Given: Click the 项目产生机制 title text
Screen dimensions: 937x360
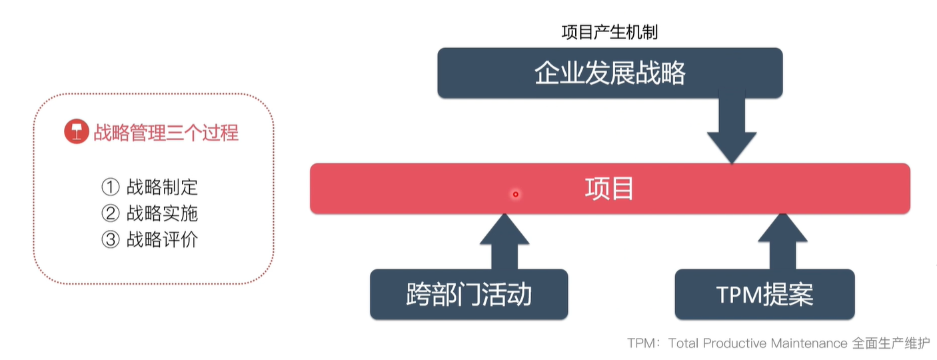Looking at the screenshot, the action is tap(610, 32).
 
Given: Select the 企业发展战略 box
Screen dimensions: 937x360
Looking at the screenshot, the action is tap(610, 73).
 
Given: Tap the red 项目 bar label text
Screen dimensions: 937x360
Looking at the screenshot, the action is tap(609, 189).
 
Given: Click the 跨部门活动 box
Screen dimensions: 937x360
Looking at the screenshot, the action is tap(468, 294).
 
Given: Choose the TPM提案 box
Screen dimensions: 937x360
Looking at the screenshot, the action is tap(764, 294).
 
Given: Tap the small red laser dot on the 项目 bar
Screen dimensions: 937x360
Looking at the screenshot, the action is tap(515, 195).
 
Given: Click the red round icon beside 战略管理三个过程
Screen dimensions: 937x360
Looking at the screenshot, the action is tap(77, 132).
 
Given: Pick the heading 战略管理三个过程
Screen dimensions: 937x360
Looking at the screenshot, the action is tap(165, 133).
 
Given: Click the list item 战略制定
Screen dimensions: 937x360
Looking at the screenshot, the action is tap(162, 187).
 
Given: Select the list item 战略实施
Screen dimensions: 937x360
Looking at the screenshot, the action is tap(162, 213).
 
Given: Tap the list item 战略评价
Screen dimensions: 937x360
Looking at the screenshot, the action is tap(162, 239).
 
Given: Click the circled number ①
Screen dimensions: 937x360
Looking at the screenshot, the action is tap(110, 187).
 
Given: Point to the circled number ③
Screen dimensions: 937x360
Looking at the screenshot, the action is tap(110, 239).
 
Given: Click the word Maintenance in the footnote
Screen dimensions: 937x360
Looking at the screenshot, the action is tap(809, 343).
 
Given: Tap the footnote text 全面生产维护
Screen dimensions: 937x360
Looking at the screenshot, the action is tap(890, 343).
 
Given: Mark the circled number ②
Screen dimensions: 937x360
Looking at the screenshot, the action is tap(110, 213).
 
